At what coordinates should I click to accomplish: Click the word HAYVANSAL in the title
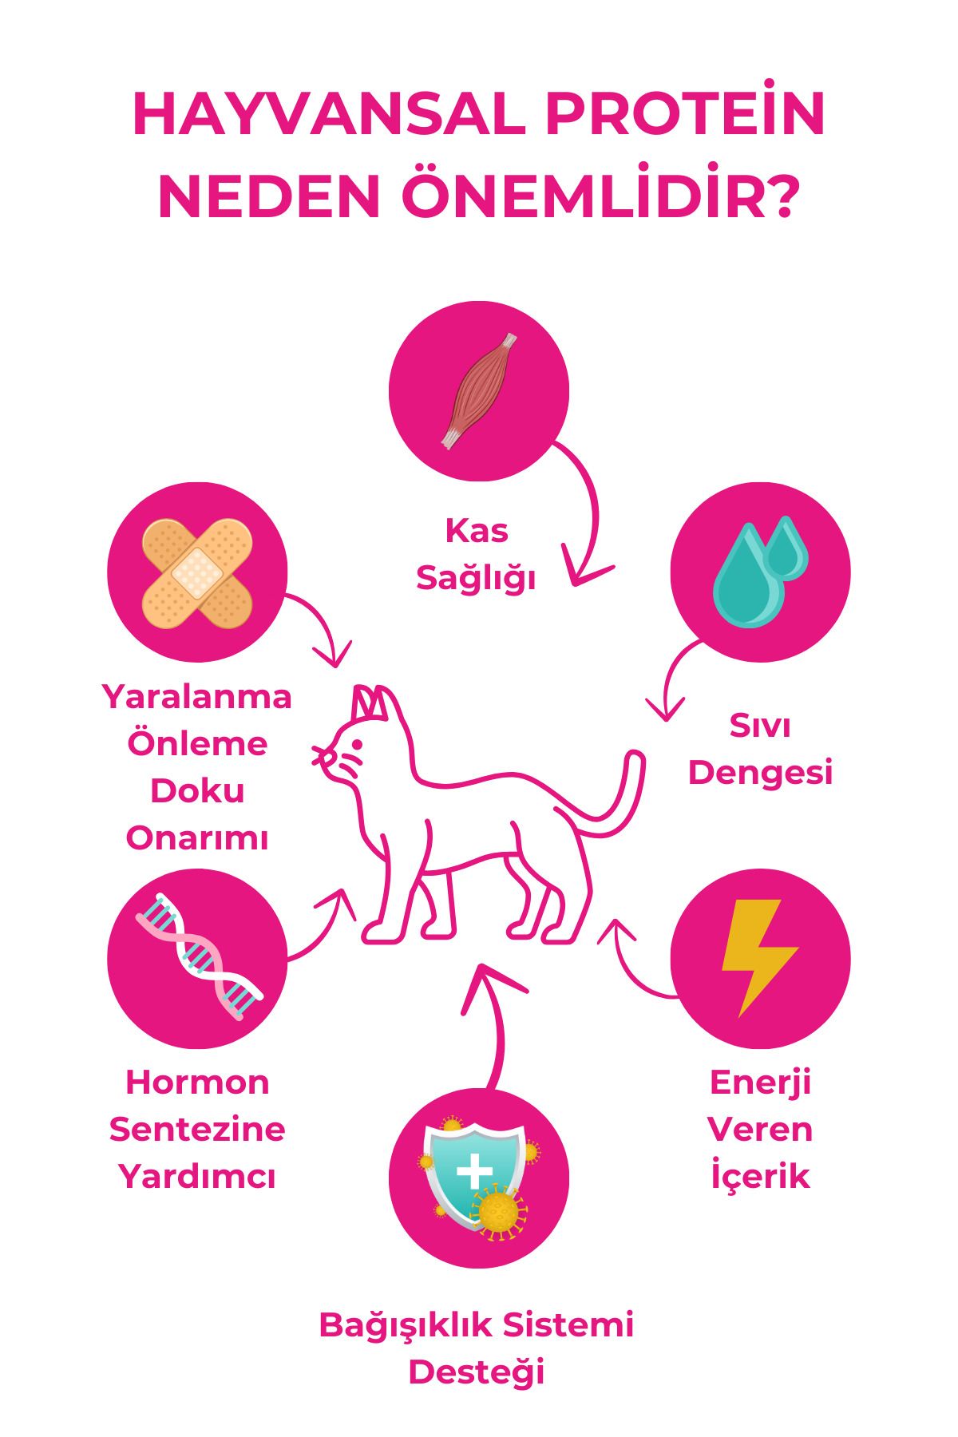click(x=328, y=114)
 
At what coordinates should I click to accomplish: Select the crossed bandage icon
click(x=197, y=573)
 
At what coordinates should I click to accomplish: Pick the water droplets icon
click(x=760, y=571)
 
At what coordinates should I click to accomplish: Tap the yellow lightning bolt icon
click(x=759, y=958)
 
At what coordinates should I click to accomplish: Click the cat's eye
click(x=356, y=745)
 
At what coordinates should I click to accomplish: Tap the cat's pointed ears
click(x=371, y=703)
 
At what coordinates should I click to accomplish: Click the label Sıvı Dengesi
click(x=760, y=749)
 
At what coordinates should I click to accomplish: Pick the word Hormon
click(x=197, y=1083)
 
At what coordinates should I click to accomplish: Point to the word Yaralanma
click(x=197, y=696)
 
